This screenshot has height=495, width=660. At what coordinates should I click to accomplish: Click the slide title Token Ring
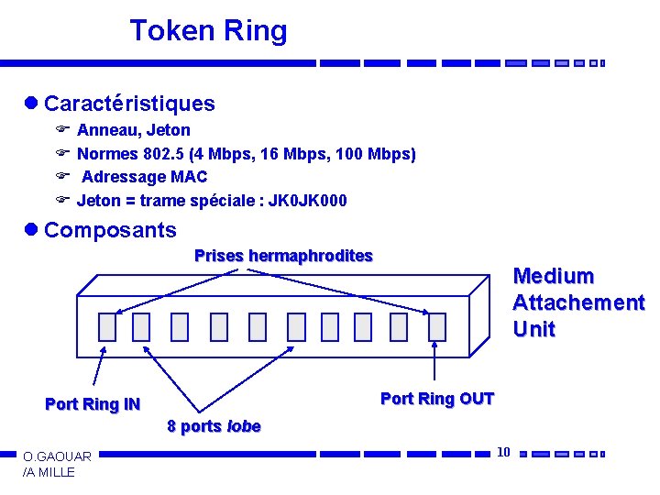point(208,31)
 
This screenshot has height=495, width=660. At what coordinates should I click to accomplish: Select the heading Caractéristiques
point(129,104)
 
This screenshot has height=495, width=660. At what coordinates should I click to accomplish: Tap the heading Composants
point(110,229)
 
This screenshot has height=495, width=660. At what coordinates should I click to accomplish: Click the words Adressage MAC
point(144,177)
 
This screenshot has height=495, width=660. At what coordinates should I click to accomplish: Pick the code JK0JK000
point(308,201)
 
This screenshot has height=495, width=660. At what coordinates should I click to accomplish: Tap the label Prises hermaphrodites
point(283,256)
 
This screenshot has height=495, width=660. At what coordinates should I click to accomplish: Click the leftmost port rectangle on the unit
point(107,326)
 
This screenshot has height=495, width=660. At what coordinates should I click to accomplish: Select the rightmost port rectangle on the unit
point(436,326)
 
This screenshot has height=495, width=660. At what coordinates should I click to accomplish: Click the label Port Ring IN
point(93,404)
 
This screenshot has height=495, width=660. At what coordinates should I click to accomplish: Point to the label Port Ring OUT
point(436,399)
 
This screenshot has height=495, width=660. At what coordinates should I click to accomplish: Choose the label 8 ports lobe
point(214,426)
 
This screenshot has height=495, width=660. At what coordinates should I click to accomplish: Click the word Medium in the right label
point(554,276)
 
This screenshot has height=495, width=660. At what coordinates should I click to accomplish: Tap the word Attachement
point(577,302)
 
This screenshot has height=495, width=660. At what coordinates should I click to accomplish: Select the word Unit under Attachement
point(533,329)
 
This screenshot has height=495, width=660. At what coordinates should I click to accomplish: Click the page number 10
point(503,451)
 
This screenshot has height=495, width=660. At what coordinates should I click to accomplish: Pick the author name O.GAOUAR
point(57,456)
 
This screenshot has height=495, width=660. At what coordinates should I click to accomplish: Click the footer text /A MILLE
point(49,472)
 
